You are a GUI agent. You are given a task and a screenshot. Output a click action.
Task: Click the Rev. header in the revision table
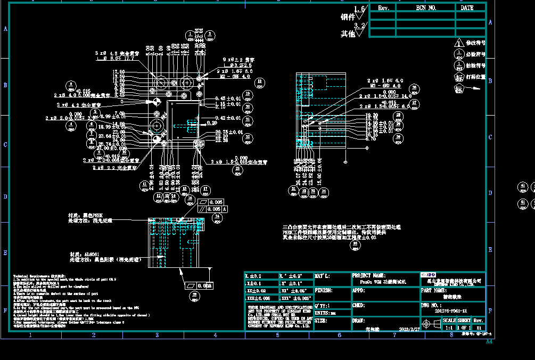click(384, 8)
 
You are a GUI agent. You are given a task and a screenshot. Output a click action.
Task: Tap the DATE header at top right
click(467, 8)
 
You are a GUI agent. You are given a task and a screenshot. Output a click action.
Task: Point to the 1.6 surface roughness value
click(360, 9)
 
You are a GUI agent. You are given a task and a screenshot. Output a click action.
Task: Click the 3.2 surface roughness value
click(360, 26)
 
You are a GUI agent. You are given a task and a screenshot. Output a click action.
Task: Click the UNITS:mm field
click(325, 313)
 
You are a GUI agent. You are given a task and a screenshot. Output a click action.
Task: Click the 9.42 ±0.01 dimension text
click(228, 118)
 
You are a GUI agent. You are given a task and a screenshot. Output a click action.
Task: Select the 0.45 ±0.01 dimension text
click(228, 99)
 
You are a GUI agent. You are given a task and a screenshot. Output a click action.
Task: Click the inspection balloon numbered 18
click(260, 82)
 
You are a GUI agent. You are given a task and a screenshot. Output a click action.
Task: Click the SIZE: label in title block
click(321, 321)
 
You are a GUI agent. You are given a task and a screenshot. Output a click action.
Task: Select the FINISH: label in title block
click(324, 291)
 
